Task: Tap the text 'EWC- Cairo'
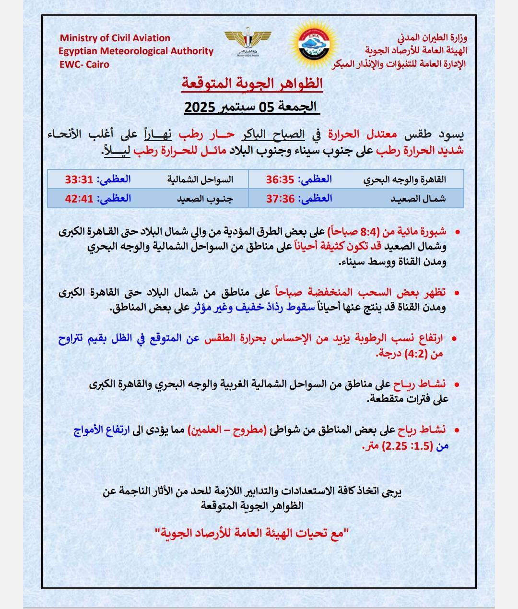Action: pos(84,64)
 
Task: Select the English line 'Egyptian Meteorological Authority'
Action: pos(136,51)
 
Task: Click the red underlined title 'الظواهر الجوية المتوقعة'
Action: pos(252,84)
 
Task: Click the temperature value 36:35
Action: pos(280,179)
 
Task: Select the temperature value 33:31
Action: pos(79,179)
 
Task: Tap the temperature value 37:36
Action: pos(280,198)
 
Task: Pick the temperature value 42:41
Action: pos(79,198)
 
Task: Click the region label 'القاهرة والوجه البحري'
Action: pos(404,179)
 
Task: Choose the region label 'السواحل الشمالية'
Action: pos(200,179)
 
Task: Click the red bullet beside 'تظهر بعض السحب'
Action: pos(457,292)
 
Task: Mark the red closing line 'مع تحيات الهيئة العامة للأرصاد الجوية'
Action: pos(252,533)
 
